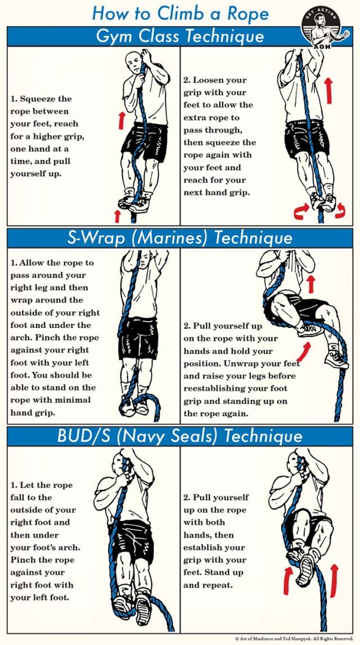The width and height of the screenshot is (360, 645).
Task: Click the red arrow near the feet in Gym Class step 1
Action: (x=117, y=215)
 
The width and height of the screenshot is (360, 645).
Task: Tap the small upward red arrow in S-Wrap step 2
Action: (x=309, y=284)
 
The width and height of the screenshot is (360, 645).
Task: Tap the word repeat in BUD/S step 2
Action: (x=219, y=585)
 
